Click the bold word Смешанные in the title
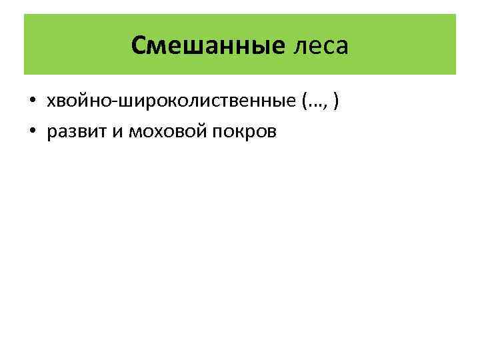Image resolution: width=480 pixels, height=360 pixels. (208, 46)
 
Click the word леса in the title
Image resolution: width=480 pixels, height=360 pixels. (320, 46)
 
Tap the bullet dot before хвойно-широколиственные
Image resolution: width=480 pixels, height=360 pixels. (32, 102)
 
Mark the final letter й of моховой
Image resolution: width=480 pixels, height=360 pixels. (190, 132)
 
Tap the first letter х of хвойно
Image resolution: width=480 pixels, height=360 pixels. (49, 103)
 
